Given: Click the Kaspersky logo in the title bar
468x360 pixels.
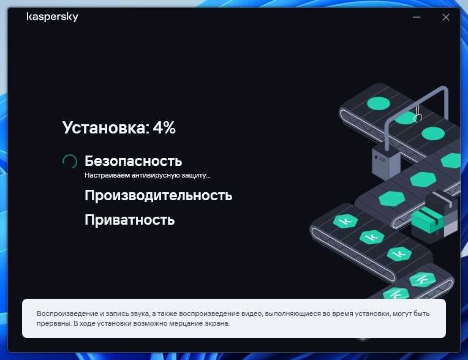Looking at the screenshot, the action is coord(52,17).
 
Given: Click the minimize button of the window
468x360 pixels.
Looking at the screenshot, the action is coord(417,17).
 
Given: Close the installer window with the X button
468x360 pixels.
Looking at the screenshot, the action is coord(445,17).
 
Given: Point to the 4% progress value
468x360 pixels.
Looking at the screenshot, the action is coord(164,127).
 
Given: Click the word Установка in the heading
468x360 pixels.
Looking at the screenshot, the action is coord(104,128).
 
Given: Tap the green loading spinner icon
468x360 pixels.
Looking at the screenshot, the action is coord(70,162).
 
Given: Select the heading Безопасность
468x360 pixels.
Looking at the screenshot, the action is coord(133,161).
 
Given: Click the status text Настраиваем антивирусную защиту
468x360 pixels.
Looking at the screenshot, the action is coord(148,175).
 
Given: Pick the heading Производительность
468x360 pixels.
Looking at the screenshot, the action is coord(158,195).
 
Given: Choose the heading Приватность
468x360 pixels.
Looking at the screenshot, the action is coord(129,220).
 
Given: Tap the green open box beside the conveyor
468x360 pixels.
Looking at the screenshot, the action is coord(428,220).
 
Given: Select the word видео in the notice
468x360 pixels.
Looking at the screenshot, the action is coord(253,313).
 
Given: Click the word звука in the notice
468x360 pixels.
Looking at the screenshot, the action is coord(140,314).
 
